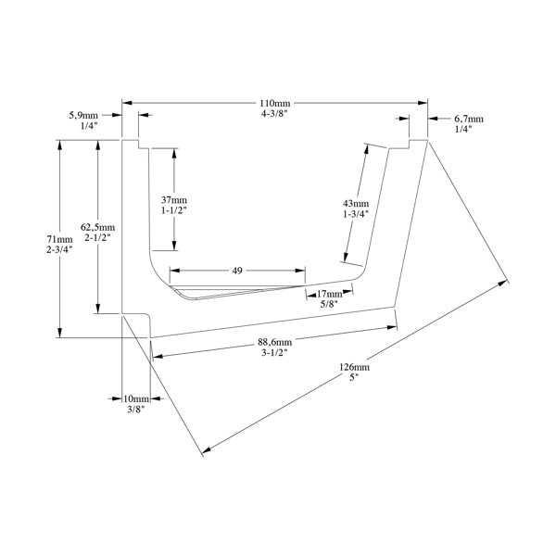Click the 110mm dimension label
click(273, 101)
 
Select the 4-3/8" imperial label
click(273, 113)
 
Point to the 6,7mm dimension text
click(468, 120)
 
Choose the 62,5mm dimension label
click(97, 227)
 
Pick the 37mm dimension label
click(173, 200)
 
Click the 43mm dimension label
click(355, 203)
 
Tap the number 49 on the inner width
click(237, 271)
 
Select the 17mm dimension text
click(329, 294)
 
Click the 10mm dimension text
click(136, 398)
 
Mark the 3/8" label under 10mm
click(136, 409)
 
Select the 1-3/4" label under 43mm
click(355, 214)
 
